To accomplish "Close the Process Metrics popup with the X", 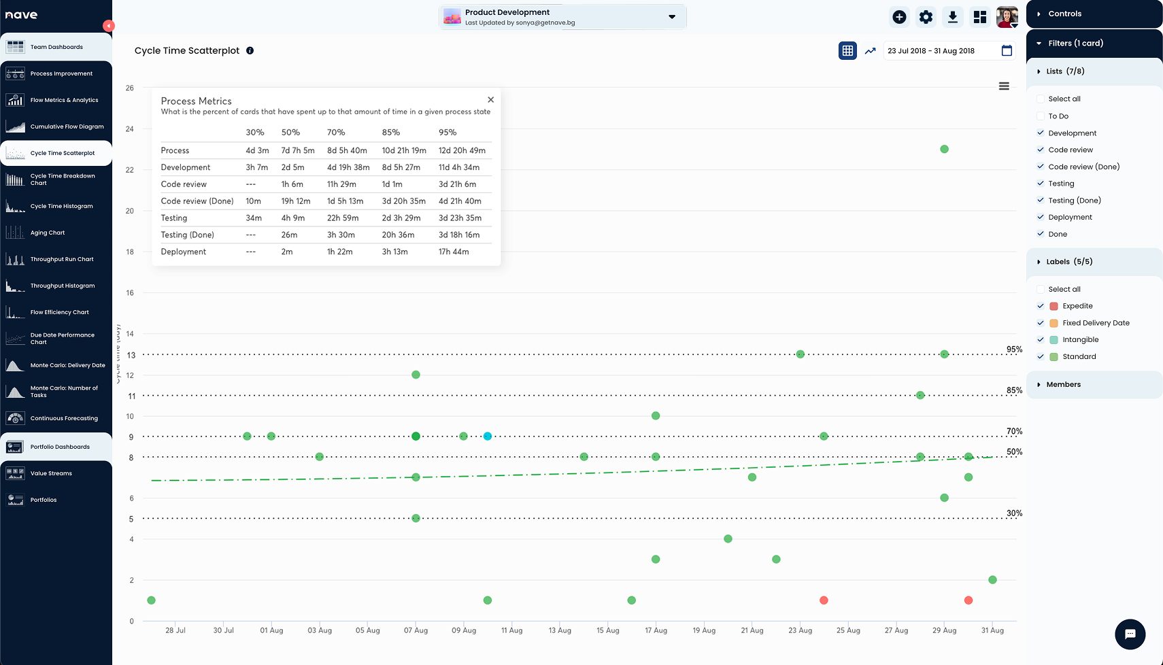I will [x=490, y=100].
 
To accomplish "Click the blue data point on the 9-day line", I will [x=488, y=437].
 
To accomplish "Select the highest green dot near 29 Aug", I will [x=944, y=150].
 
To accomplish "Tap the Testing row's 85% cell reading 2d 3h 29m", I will [x=401, y=218].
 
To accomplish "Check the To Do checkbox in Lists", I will [x=1041, y=116].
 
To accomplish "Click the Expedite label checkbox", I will [x=1041, y=306].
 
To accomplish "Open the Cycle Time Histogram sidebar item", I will [x=61, y=206].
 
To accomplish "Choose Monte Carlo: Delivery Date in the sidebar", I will [x=67, y=365].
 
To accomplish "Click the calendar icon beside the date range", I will [x=1007, y=51].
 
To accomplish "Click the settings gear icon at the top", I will [x=926, y=18].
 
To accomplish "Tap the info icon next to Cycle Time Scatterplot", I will [x=250, y=50].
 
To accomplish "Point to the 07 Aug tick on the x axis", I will [x=416, y=630].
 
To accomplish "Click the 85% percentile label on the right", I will [x=1014, y=390].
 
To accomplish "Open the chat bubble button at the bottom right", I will [x=1130, y=634].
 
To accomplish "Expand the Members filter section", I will [x=1063, y=385].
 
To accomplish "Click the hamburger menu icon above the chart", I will [x=1004, y=86].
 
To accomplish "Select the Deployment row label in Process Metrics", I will [x=184, y=252].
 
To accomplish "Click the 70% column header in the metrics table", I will [x=336, y=133].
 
